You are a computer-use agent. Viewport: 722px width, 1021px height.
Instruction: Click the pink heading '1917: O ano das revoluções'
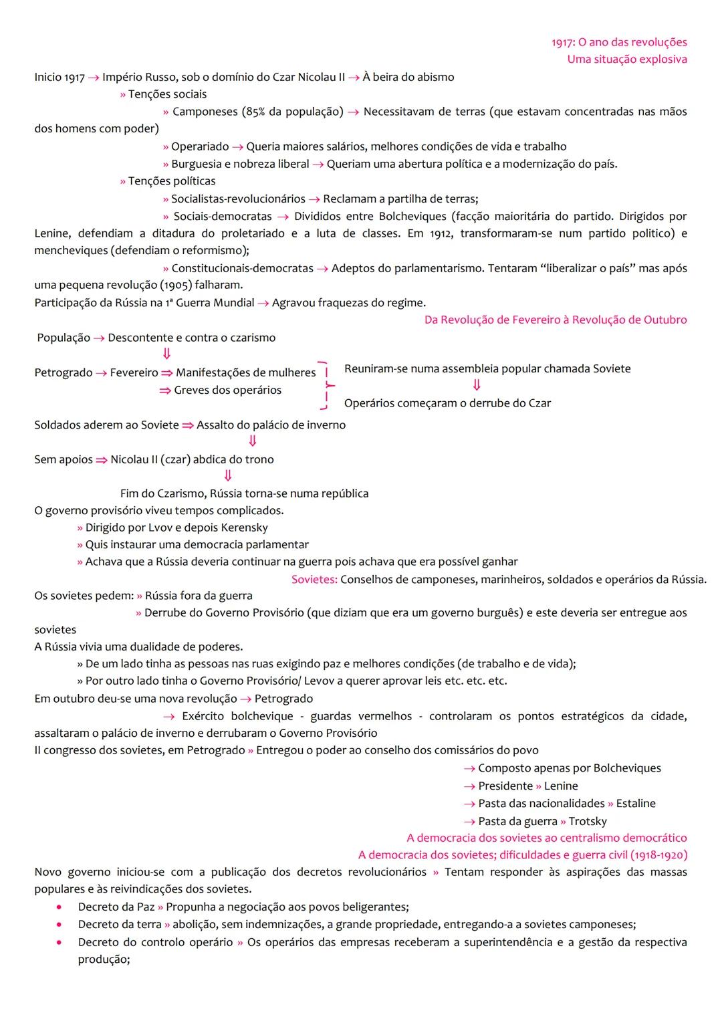click(x=619, y=42)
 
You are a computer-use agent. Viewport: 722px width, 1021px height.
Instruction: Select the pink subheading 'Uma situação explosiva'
click(x=626, y=60)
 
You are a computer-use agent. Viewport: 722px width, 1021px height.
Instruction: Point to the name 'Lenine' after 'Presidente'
click(x=561, y=786)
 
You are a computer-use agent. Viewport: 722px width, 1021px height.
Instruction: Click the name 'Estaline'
click(x=636, y=804)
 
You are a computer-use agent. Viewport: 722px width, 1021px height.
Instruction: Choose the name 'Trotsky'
click(x=588, y=822)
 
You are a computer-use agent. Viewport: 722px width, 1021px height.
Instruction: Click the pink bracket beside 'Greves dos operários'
click(x=327, y=386)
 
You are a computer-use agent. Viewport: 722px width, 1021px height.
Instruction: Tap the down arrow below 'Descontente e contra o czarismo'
click(x=166, y=354)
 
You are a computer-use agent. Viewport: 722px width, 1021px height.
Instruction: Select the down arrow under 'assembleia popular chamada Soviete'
click(x=477, y=386)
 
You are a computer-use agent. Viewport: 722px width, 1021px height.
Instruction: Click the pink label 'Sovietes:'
click(x=314, y=580)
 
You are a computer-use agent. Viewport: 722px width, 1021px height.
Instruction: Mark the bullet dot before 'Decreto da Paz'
click(x=60, y=908)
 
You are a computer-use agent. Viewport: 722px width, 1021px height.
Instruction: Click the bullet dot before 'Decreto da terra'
click(x=60, y=925)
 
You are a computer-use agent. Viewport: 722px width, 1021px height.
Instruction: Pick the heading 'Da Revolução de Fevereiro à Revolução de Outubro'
click(x=556, y=320)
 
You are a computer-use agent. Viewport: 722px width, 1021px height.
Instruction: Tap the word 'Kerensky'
click(x=244, y=528)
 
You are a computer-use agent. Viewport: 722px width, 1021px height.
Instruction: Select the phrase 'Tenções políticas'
click(x=172, y=181)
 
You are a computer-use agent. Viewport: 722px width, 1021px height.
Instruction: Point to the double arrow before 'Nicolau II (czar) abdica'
click(x=101, y=460)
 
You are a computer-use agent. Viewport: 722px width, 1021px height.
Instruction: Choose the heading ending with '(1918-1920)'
click(x=522, y=855)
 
